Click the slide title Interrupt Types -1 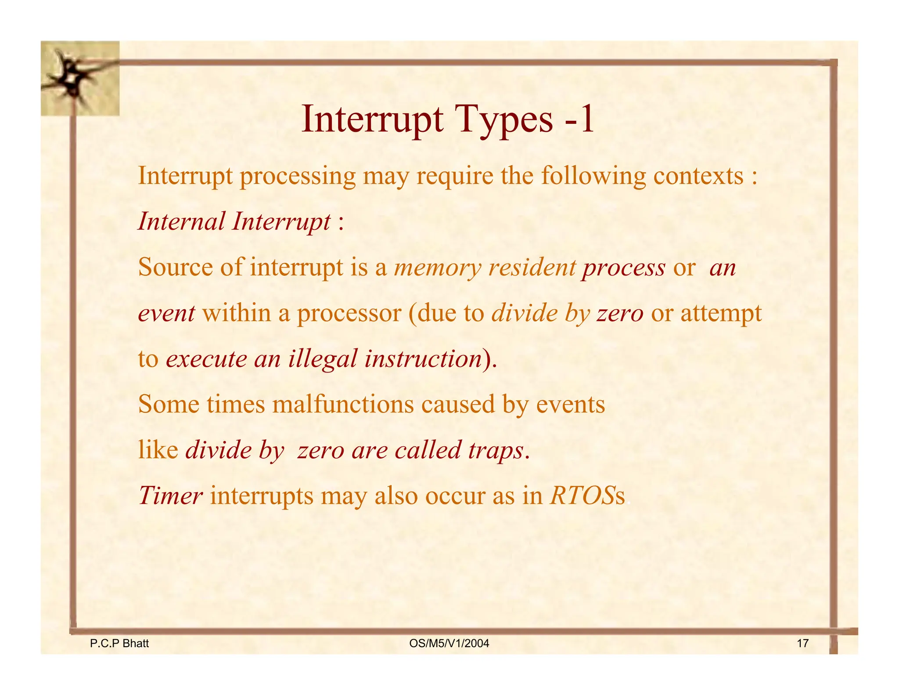point(448,119)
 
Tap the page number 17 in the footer point(802,644)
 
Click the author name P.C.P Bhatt point(119,644)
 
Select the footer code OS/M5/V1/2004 point(449,644)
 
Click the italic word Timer point(170,496)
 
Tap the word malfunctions point(343,404)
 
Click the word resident point(532,268)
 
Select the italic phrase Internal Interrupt point(234,221)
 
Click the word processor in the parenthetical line point(349,313)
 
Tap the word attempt point(721,313)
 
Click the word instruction point(423,358)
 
